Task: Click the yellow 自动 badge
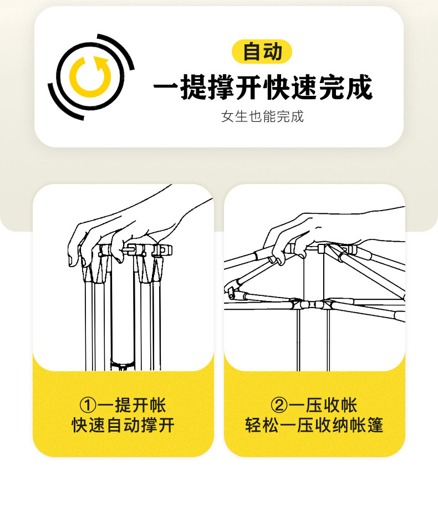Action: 262,52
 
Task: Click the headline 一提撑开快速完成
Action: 263,87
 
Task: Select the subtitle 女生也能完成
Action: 262,116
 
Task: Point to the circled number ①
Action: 88,405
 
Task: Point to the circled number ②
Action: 279,405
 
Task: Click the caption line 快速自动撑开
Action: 123,425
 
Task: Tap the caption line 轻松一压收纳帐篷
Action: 314,425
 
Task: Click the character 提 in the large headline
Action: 193,87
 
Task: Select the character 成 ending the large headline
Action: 359,87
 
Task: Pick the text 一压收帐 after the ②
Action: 323,405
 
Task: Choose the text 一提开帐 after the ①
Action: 132,405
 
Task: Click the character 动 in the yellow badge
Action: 273,52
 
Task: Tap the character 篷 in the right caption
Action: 375,425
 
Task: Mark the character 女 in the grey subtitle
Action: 227,116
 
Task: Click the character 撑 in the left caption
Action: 149,425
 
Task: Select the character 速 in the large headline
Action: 304,87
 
